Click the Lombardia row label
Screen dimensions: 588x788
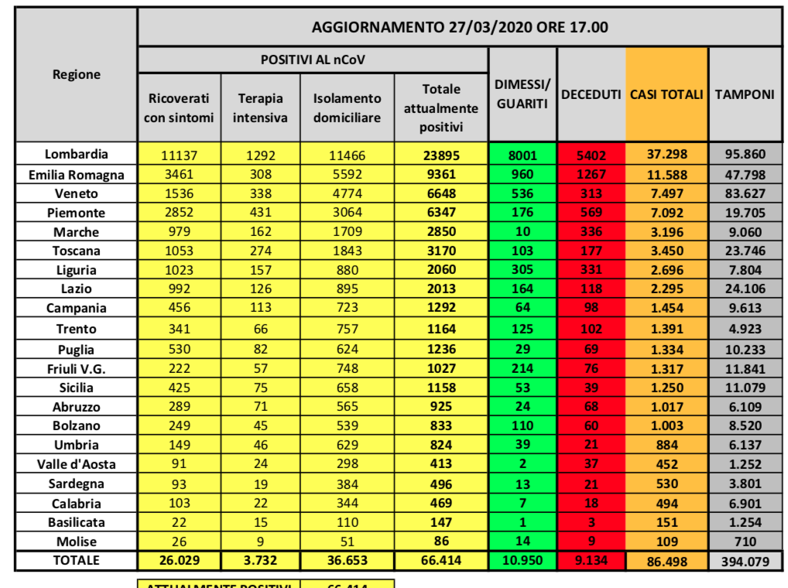(76, 153)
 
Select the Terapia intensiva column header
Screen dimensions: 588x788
(260, 108)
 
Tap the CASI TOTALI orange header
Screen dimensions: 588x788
(666, 94)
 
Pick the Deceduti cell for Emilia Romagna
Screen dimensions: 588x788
(591, 174)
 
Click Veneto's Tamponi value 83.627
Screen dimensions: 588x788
(745, 193)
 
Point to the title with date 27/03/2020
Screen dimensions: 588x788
(460, 27)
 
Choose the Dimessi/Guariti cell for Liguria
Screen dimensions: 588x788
(522, 270)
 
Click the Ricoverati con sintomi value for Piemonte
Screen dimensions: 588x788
(179, 212)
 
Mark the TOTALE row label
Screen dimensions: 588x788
(76, 559)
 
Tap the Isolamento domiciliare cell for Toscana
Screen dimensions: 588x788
(347, 251)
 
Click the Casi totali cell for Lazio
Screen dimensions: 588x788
(666, 289)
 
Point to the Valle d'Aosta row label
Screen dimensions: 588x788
(76, 464)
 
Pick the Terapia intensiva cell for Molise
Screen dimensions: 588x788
(260, 542)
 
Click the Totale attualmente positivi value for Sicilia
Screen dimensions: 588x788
(441, 387)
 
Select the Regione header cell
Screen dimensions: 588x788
(76, 74)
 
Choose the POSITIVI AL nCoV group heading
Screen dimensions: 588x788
(313, 60)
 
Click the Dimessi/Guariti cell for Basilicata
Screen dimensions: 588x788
(522, 522)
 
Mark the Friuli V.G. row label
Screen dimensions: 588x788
(76, 368)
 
